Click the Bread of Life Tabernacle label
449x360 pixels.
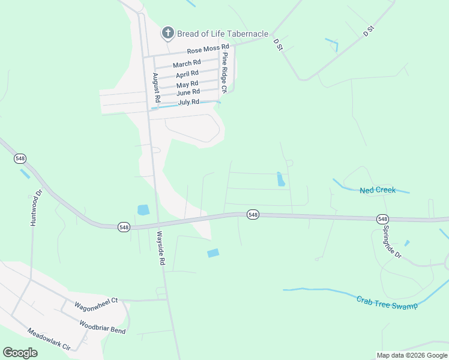[222, 34]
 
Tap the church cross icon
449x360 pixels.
[168, 33]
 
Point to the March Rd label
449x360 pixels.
[187, 64]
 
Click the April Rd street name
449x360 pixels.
[187, 74]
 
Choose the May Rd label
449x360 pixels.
[187, 85]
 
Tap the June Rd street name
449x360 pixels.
[188, 92]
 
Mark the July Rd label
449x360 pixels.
[188, 103]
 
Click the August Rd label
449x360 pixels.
[155, 88]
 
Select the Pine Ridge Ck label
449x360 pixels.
[224, 73]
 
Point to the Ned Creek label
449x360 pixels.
[378, 190]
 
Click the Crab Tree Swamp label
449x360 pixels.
[386, 302]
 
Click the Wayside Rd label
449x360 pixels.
[160, 248]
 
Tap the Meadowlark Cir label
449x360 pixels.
[49, 340]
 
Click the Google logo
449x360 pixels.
[20, 353]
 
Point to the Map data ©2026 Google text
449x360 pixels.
[411, 355]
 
